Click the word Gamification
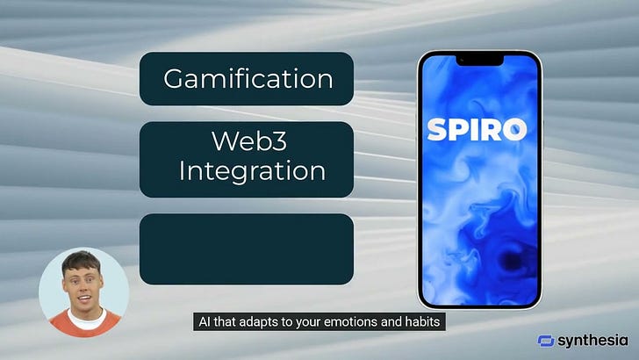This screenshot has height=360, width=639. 248,79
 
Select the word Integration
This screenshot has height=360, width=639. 252,170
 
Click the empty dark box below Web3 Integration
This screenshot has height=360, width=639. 247,249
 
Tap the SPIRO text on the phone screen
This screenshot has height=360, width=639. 477,130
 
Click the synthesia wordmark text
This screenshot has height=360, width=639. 595,341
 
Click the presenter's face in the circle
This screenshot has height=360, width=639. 83,285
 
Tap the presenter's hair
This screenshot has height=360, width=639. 83,261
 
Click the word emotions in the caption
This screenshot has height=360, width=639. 349,322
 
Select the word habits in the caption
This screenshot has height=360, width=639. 427,322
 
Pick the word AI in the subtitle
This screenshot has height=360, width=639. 202,322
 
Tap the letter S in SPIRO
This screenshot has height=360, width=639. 436,130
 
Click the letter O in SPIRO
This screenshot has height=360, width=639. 515,130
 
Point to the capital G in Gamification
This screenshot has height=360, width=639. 175,79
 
